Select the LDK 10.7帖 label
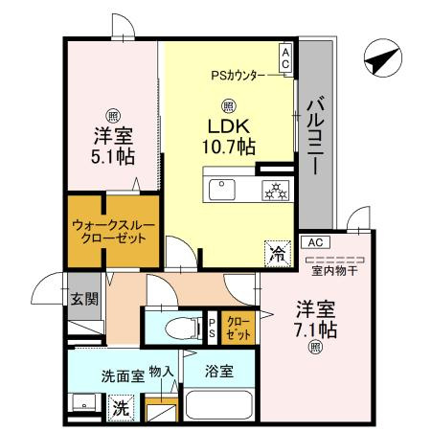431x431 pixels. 228,135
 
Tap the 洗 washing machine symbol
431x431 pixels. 121,406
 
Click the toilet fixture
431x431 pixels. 175,327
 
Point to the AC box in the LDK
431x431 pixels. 285,57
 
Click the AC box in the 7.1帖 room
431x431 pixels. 317,242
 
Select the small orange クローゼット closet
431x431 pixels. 238,329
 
